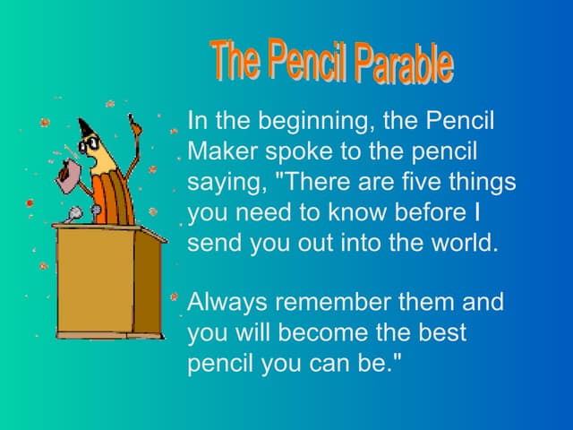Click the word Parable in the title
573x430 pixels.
coord(403,64)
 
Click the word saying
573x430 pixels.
coord(225,183)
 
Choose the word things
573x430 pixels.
coord(483,182)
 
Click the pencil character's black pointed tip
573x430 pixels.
coord(85,126)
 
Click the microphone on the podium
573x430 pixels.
coord(74,214)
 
